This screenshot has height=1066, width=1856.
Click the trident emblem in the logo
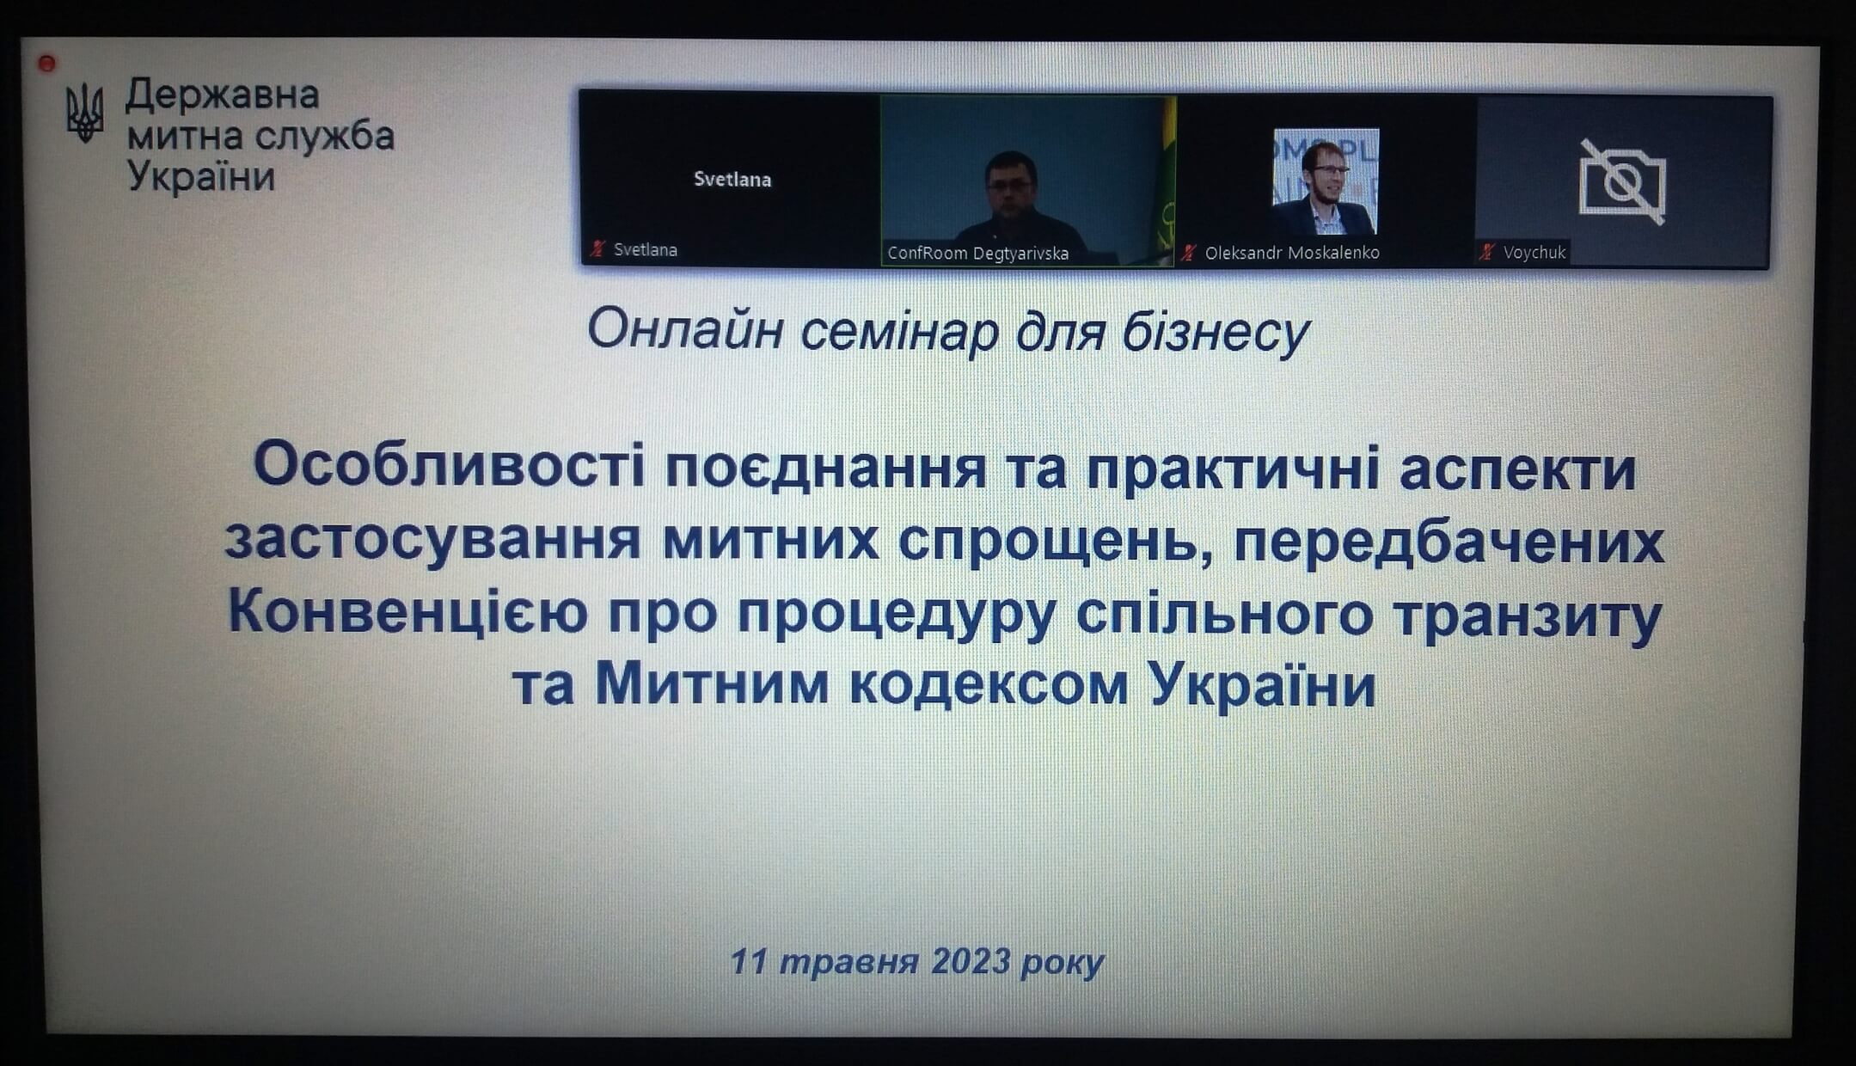click(84, 112)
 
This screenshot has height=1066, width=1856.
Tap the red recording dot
click(47, 63)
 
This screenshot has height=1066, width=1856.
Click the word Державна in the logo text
click(223, 95)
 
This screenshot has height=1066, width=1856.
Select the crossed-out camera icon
click(1622, 181)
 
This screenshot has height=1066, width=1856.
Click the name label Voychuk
click(1534, 252)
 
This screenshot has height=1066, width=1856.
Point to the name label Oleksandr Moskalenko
click(1292, 253)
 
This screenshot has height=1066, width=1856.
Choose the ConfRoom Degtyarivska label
click(977, 254)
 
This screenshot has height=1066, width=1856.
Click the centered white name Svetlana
click(732, 180)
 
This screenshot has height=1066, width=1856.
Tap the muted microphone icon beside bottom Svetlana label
click(597, 249)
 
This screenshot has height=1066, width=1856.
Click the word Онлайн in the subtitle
click(685, 330)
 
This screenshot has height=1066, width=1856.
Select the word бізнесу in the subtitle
click(1216, 332)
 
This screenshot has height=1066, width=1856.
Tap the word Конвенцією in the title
click(408, 612)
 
